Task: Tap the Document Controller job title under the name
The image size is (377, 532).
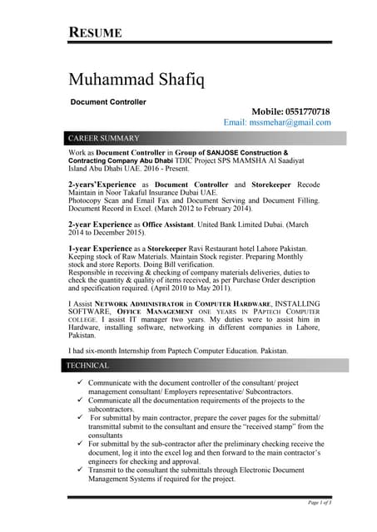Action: point(108,102)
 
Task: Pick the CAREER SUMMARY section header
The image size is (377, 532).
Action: point(104,137)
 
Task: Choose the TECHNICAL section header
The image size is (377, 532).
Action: point(89,365)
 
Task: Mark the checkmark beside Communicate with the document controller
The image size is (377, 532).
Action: point(78,380)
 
